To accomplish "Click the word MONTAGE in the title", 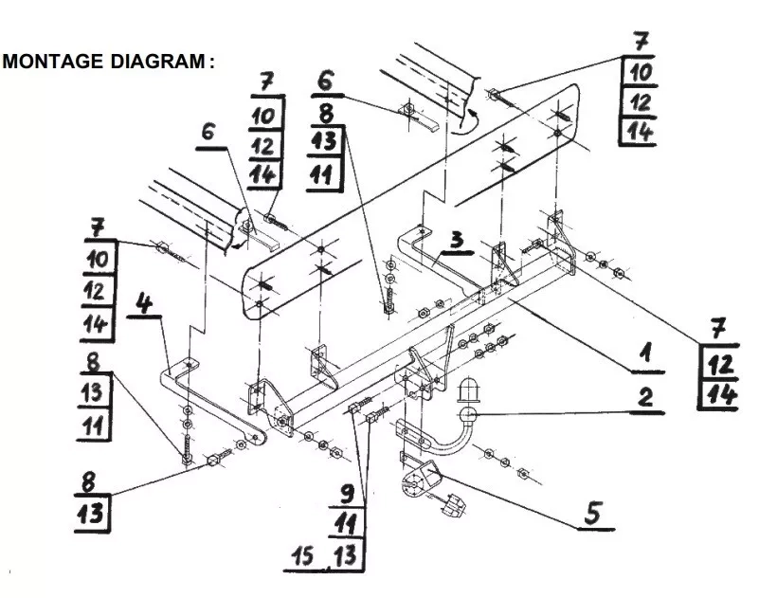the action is click(x=53, y=62).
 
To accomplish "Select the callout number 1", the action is click(x=645, y=353).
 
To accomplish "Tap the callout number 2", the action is click(x=645, y=397).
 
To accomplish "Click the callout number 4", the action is click(x=144, y=303).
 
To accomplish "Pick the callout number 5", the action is click(x=593, y=514).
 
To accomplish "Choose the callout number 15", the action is click(x=302, y=555).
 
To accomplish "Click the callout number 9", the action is click(x=348, y=495).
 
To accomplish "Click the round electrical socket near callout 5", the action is click(x=414, y=484).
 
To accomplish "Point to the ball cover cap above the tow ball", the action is click(x=468, y=390).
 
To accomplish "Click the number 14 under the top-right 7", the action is click(x=640, y=131).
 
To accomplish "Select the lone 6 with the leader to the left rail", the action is click(x=208, y=131).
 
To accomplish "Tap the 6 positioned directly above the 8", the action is click(x=326, y=80).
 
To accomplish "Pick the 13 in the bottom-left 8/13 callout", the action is click(x=91, y=514).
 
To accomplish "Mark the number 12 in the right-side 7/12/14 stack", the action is click(x=720, y=364).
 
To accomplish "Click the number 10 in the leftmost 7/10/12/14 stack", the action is click(x=99, y=260).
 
